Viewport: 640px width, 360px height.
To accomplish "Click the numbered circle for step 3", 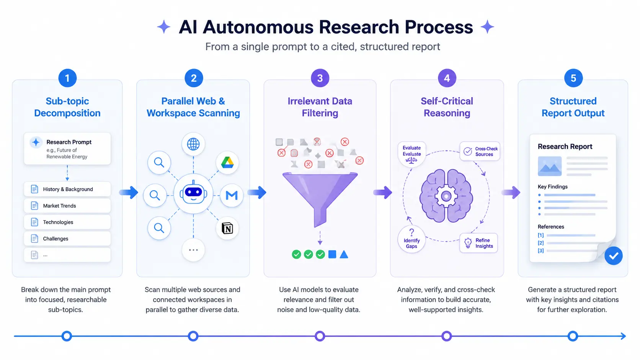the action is pos(320,78).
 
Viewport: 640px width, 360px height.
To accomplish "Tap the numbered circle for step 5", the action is pos(573,78).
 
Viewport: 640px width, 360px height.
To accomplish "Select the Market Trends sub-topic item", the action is pos(67,205).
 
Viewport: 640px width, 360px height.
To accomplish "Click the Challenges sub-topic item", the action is pos(67,238).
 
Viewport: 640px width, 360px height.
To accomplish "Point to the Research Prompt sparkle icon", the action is pos(36,142).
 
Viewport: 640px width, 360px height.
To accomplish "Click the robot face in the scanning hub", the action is pos(193,193).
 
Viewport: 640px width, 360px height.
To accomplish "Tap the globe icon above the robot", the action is pos(193,144).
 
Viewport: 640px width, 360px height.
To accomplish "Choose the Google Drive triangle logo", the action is pos(227,163).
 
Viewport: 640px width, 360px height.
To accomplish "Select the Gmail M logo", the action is pos(232,195).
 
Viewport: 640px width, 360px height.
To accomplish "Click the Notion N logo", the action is pos(227,228).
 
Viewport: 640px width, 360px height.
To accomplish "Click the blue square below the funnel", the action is pos(332,254).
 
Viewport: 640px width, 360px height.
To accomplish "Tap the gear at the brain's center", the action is pos(446,196).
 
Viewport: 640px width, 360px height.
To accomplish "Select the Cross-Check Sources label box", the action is pos(480,151).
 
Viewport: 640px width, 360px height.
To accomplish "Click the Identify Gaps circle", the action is pos(411,239).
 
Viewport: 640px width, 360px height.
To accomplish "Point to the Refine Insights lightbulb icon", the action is pos(468,243).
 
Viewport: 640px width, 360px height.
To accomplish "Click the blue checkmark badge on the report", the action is pos(614,256).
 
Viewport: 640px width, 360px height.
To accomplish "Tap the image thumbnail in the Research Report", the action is pos(550,166).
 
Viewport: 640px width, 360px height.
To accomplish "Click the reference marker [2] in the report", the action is pos(540,243).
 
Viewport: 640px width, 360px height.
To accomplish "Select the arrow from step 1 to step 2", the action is pos(129,192).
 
